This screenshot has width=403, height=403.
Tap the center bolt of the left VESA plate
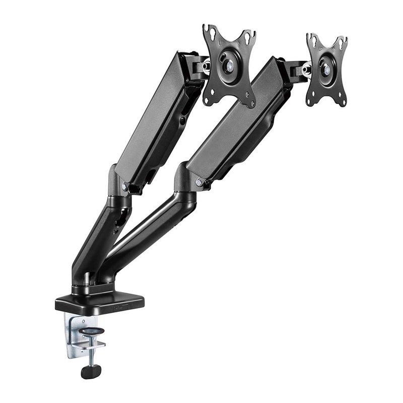(x=229, y=65)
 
